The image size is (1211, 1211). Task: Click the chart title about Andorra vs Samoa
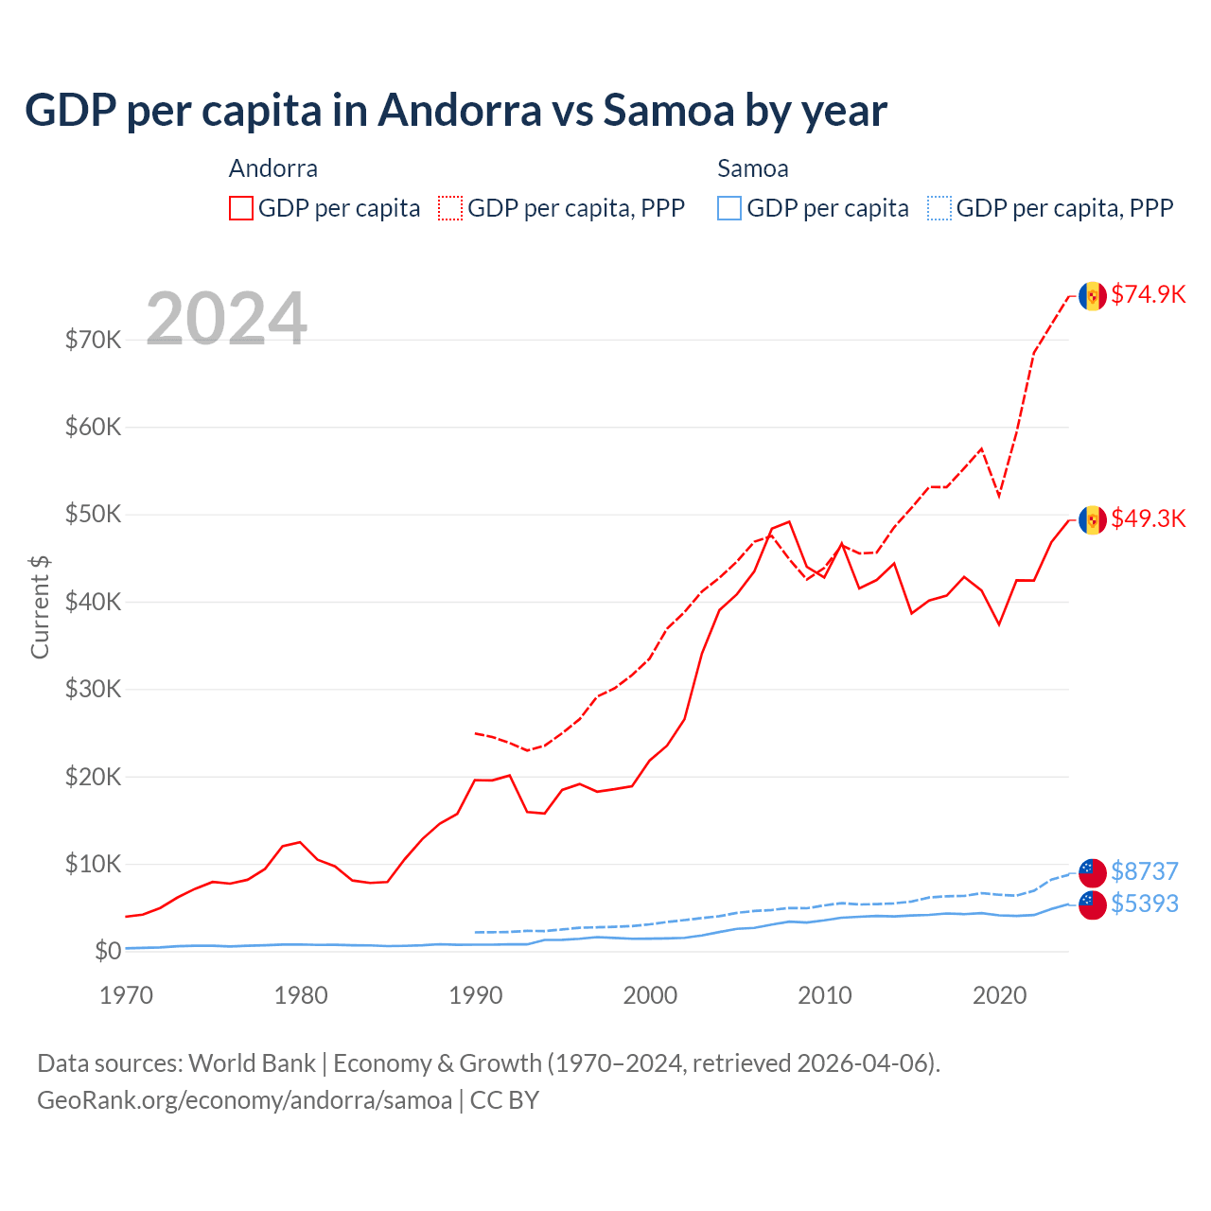[x=455, y=110]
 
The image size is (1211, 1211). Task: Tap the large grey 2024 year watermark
[x=226, y=319]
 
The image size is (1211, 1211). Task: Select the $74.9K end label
[x=1148, y=294]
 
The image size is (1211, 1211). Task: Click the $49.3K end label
[x=1148, y=518]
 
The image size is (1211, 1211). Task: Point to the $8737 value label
[x=1144, y=870]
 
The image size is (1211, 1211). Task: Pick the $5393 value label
[x=1144, y=904]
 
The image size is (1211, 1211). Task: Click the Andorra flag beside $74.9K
[x=1093, y=295]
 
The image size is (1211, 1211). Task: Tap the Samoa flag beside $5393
[x=1093, y=904]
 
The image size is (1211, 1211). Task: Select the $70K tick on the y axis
[x=93, y=340]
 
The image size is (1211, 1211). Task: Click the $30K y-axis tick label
[x=93, y=689]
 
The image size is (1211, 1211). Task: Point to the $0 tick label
[x=107, y=951]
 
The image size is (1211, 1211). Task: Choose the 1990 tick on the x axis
[x=475, y=995]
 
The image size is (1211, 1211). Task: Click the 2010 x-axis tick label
[x=825, y=995]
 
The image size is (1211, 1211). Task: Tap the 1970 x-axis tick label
[x=126, y=995]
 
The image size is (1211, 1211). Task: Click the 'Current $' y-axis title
[x=40, y=606]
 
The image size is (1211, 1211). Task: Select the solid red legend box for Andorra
[x=241, y=208]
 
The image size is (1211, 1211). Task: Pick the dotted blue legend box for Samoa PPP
[x=939, y=208]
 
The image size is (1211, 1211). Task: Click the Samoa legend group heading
[x=752, y=168]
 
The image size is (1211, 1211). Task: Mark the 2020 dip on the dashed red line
[x=999, y=496]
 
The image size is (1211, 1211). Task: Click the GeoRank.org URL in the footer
[x=244, y=1100]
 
